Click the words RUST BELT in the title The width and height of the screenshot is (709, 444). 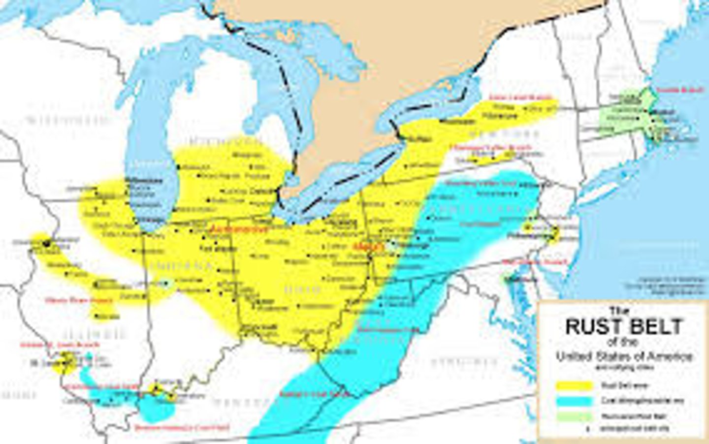(x=624, y=326)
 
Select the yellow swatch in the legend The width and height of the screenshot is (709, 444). (x=574, y=385)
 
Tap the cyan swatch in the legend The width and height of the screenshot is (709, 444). (x=574, y=401)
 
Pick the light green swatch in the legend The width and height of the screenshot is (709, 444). (x=574, y=416)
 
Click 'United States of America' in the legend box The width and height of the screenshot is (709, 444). (x=624, y=356)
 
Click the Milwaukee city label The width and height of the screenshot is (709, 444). (x=144, y=181)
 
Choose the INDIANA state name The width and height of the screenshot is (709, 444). (x=182, y=266)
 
